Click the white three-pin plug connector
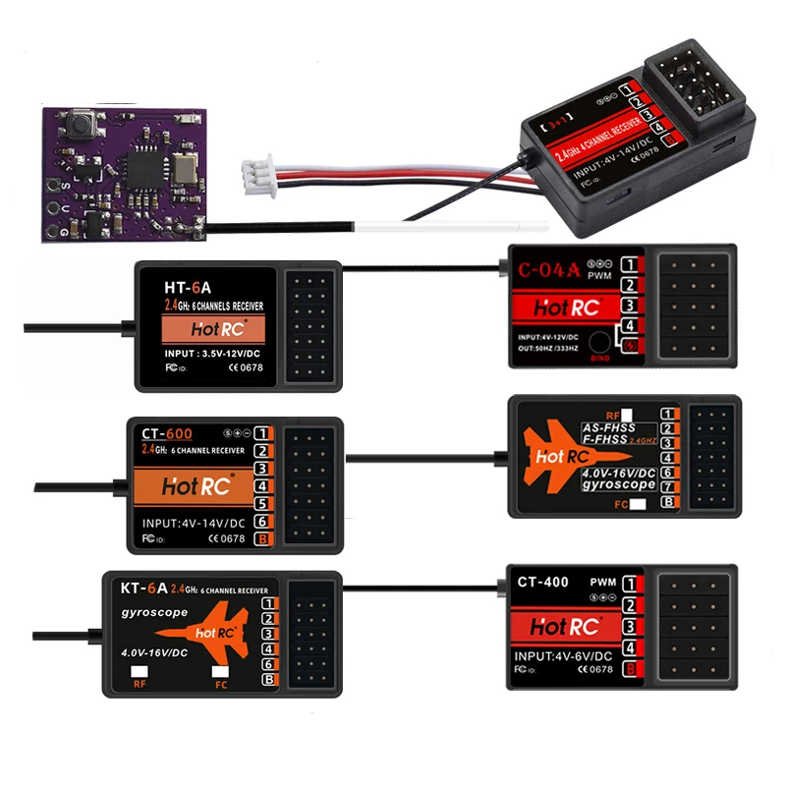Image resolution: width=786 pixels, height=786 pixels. click(x=253, y=173)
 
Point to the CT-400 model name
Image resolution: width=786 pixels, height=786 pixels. click(x=542, y=583)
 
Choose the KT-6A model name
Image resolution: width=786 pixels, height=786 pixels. click(x=143, y=589)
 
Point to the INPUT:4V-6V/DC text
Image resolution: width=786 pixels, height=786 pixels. click(x=563, y=655)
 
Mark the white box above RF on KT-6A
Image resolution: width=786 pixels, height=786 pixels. click(x=140, y=672)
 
